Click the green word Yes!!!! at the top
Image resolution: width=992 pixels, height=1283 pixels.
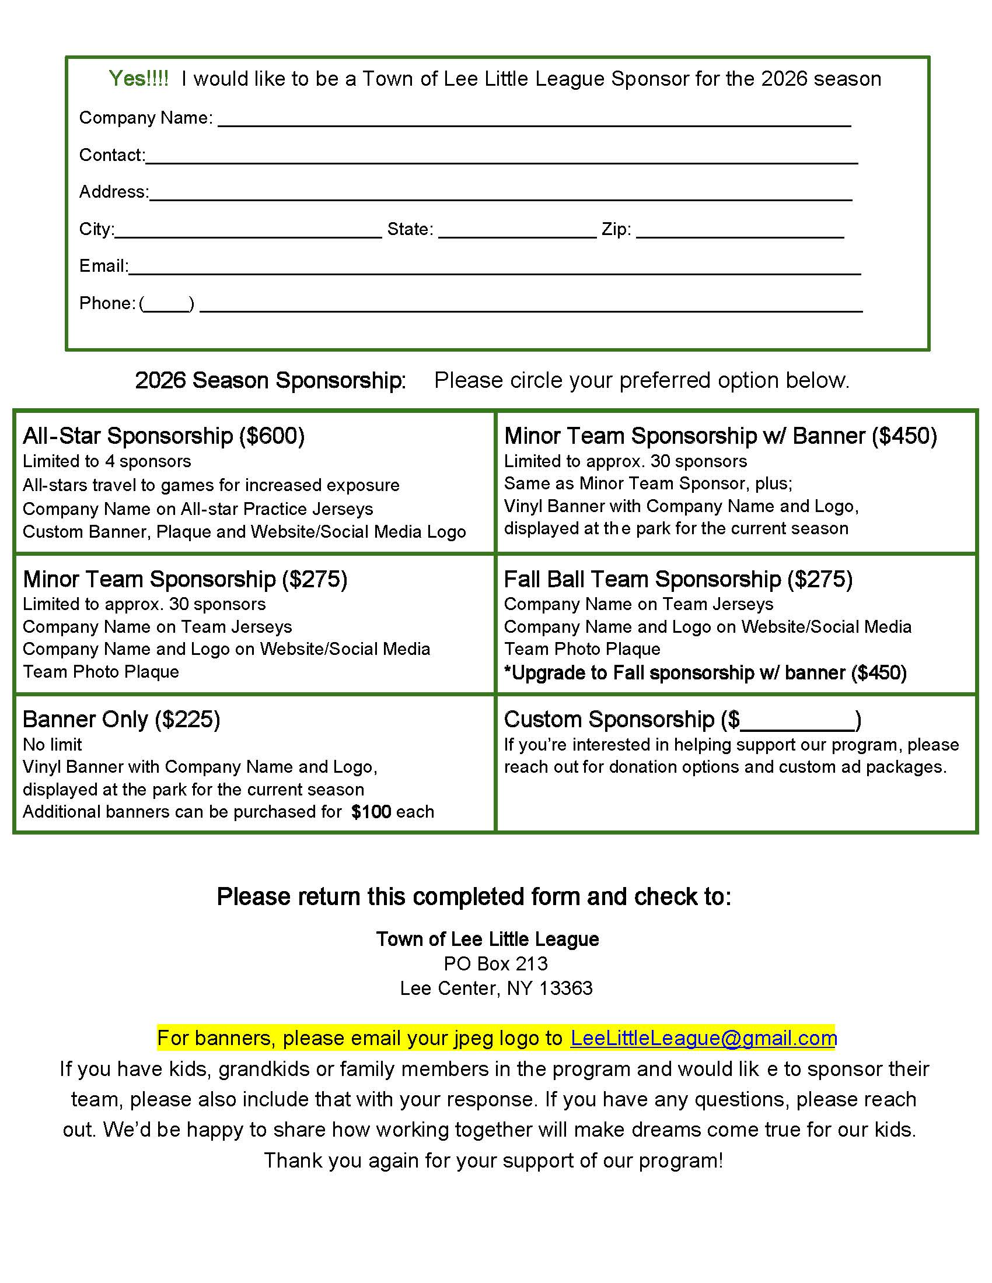tap(139, 78)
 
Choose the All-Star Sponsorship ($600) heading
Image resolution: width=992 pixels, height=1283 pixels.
tap(163, 436)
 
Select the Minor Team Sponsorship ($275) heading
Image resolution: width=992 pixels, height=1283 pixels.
tap(185, 579)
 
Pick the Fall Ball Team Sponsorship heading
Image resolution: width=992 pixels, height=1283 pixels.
tap(678, 579)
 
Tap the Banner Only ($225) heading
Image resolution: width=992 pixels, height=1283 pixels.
tap(121, 720)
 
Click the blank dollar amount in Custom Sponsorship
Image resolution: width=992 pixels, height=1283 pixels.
tap(798, 722)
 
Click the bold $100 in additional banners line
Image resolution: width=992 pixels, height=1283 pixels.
tap(371, 812)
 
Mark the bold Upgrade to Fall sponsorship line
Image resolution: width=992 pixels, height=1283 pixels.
tap(705, 673)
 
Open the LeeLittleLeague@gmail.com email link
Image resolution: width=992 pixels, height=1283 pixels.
tap(704, 1038)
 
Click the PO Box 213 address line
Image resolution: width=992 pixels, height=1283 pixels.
tap(495, 964)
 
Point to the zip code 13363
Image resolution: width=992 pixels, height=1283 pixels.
tap(565, 988)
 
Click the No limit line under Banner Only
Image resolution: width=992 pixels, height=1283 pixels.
tap(53, 745)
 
